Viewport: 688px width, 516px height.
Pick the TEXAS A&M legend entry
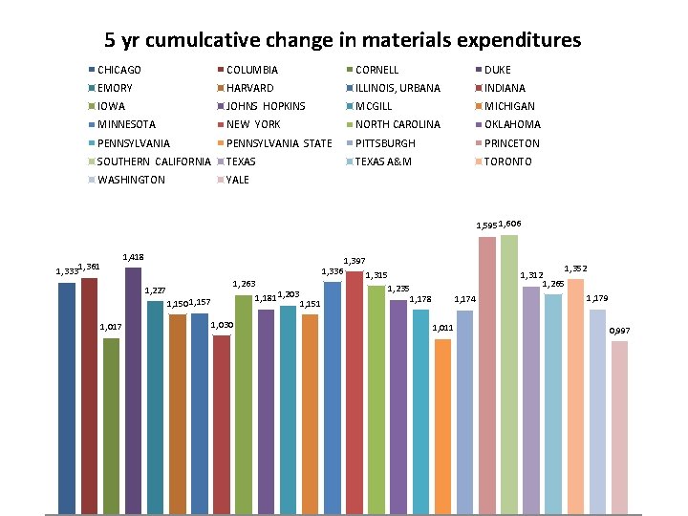coord(382,161)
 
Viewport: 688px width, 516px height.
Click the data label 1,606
coord(509,223)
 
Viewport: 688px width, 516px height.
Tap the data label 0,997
coord(620,331)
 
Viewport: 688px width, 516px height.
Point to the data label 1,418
coord(134,257)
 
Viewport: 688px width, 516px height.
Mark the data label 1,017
coord(111,328)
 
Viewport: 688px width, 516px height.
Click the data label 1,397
coord(354,260)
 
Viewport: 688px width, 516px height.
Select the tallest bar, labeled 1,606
coord(508,373)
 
